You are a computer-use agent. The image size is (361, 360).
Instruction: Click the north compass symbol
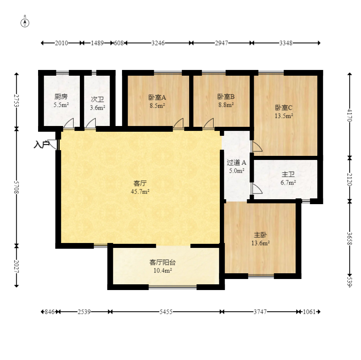coord(25,22)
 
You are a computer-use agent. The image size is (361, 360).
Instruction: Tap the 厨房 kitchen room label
coord(61,97)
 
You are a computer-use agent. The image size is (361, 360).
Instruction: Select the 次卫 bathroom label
coord(97,99)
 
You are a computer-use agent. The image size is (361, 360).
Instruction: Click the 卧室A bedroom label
coord(157,98)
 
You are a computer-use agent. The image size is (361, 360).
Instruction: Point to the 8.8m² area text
coord(226,105)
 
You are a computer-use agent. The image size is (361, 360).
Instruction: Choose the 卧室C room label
coord(284,108)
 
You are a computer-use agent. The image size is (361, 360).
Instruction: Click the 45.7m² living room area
coord(140,191)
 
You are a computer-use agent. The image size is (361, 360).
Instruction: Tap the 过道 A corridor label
coord(237,163)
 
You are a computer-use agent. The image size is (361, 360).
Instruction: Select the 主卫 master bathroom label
coord(288,174)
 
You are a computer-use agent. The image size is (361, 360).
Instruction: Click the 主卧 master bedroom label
coord(260,235)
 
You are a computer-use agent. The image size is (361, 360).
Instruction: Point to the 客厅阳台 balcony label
coord(162,262)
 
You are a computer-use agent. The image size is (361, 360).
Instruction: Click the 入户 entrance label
coord(42,144)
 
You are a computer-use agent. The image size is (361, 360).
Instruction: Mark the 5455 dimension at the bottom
coord(166,312)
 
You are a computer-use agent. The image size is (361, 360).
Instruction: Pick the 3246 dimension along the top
coord(158,43)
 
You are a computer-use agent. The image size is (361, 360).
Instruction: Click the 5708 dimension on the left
coord(16,187)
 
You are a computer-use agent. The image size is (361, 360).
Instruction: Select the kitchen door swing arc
coord(69,123)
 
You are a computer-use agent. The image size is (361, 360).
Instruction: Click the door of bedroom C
coord(257,146)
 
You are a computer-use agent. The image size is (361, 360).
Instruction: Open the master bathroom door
coord(257,189)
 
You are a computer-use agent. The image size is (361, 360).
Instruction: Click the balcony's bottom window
coord(173,287)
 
